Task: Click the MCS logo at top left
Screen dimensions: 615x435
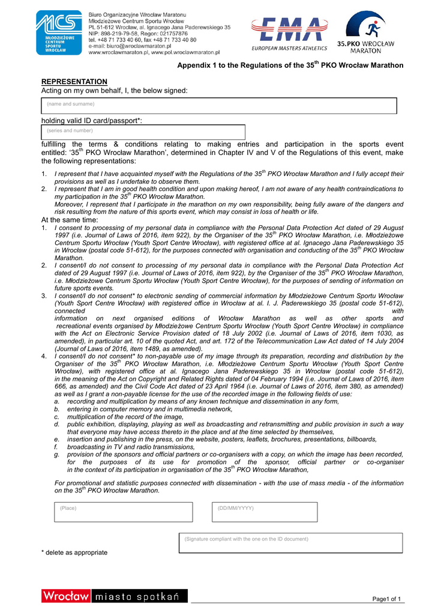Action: click(x=59, y=33)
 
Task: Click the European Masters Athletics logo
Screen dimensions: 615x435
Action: click(x=289, y=34)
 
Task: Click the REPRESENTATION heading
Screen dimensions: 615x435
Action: click(x=74, y=82)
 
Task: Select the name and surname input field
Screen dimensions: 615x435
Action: click(x=219, y=106)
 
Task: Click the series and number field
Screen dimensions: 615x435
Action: click(x=143, y=132)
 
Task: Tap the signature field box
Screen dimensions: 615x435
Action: click(x=290, y=543)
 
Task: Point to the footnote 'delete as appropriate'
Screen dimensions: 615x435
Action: click(x=74, y=552)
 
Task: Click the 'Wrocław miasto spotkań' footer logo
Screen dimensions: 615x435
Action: click(x=114, y=596)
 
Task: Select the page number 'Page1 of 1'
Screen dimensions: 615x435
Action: click(x=386, y=599)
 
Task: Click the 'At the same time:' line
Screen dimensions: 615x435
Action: click(x=69, y=220)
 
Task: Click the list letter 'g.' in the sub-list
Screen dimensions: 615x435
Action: click(x=56, y=455)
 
